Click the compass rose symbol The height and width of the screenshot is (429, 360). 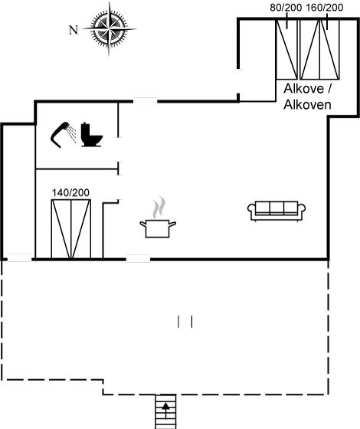pos(110,28)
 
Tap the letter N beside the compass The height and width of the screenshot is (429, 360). pos(74,30)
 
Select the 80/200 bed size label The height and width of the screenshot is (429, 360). pos(286,8)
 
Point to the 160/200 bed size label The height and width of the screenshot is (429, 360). pos(325,8)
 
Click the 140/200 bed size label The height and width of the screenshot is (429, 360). pos(70,193)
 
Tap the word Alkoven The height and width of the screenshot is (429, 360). pos(307,104)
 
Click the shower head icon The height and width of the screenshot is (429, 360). pos(64,134)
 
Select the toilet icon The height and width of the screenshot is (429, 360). pos(92,135)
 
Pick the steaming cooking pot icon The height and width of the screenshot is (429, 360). pos(158,218)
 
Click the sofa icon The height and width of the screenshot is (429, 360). pos(277,211)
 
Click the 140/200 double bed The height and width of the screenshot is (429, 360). pos(71,229)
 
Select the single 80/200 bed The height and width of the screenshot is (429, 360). pos(286,50)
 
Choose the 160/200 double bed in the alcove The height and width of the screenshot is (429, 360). pos(319,50)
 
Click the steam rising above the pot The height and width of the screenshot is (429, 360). pos(159,208)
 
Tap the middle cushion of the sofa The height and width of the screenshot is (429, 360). pos(277,208)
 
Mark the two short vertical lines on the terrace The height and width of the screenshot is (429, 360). pos(185,322)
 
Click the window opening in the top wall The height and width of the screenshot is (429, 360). pos(146,101)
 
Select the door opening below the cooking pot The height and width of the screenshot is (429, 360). pos(138,259)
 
